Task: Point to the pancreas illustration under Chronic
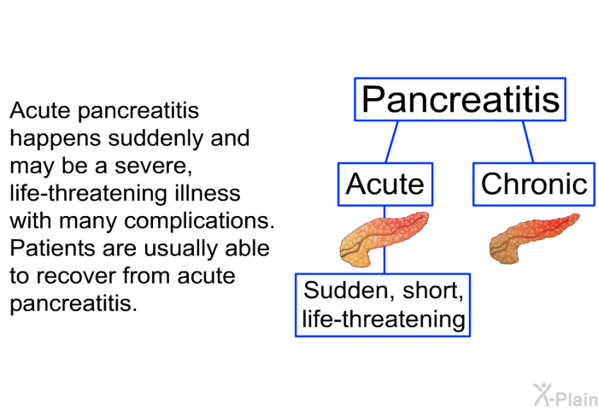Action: (x=533, y=237)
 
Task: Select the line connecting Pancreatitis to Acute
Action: (x=392, y=142)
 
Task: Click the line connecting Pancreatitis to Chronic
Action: (x=528, y=142)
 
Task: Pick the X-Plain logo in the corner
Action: (x=566, y=395)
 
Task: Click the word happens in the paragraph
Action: (x=56, y=139)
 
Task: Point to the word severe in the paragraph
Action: (x=153, y=167)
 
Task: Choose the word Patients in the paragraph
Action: (x=53, y=249)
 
